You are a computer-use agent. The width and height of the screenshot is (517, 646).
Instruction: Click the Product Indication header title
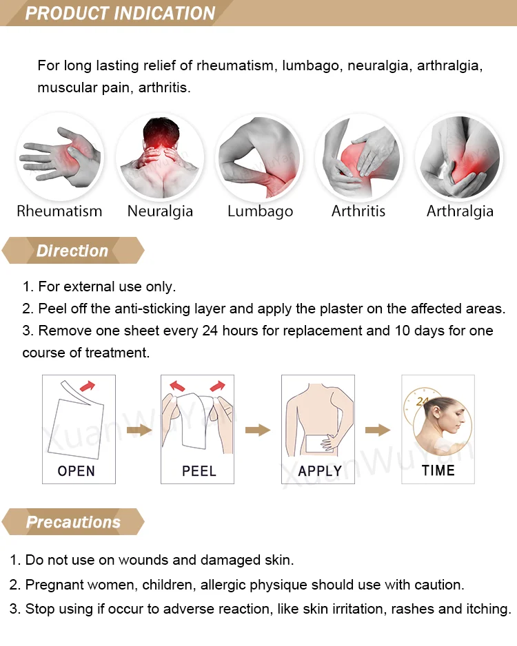pyautogui.click(x=120, y=13)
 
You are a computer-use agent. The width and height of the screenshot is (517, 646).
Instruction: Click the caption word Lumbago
pyautogui.click(x=260, y=211)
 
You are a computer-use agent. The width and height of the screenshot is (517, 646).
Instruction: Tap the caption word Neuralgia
pyautogui.click(x=160, y=211)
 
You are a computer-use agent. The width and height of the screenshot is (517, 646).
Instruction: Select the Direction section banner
pyautogui.click(x=73, y=251)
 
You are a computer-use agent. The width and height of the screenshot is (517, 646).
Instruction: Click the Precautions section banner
pyautogui.click(x=73, y=521)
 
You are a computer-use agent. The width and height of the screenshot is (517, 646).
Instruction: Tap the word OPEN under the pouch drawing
pyautogui.click(x=77, y=470)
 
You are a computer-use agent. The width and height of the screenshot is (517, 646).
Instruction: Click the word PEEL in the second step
pyautogui.click(x=199, y=470)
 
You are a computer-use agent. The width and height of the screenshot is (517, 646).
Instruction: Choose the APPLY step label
pyautogui.click(x=320, y=470)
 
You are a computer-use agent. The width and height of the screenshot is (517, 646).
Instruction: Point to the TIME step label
pyautogui.click(x=438, y=470)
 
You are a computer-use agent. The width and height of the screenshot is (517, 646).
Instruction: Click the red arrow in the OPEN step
pyautogui.click(x=88, y=386)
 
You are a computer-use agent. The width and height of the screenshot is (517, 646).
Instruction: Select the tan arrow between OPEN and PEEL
pyautogui.click(x=139, y=430)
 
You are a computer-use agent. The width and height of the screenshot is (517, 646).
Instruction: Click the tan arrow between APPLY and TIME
pyautogui.click(x=378, y=430)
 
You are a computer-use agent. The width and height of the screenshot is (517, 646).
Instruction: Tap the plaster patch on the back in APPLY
pyautogui.click(x=318, y=444)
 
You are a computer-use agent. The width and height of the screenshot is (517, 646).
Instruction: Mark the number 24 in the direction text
pyautogui.click(x=210, y=331)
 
